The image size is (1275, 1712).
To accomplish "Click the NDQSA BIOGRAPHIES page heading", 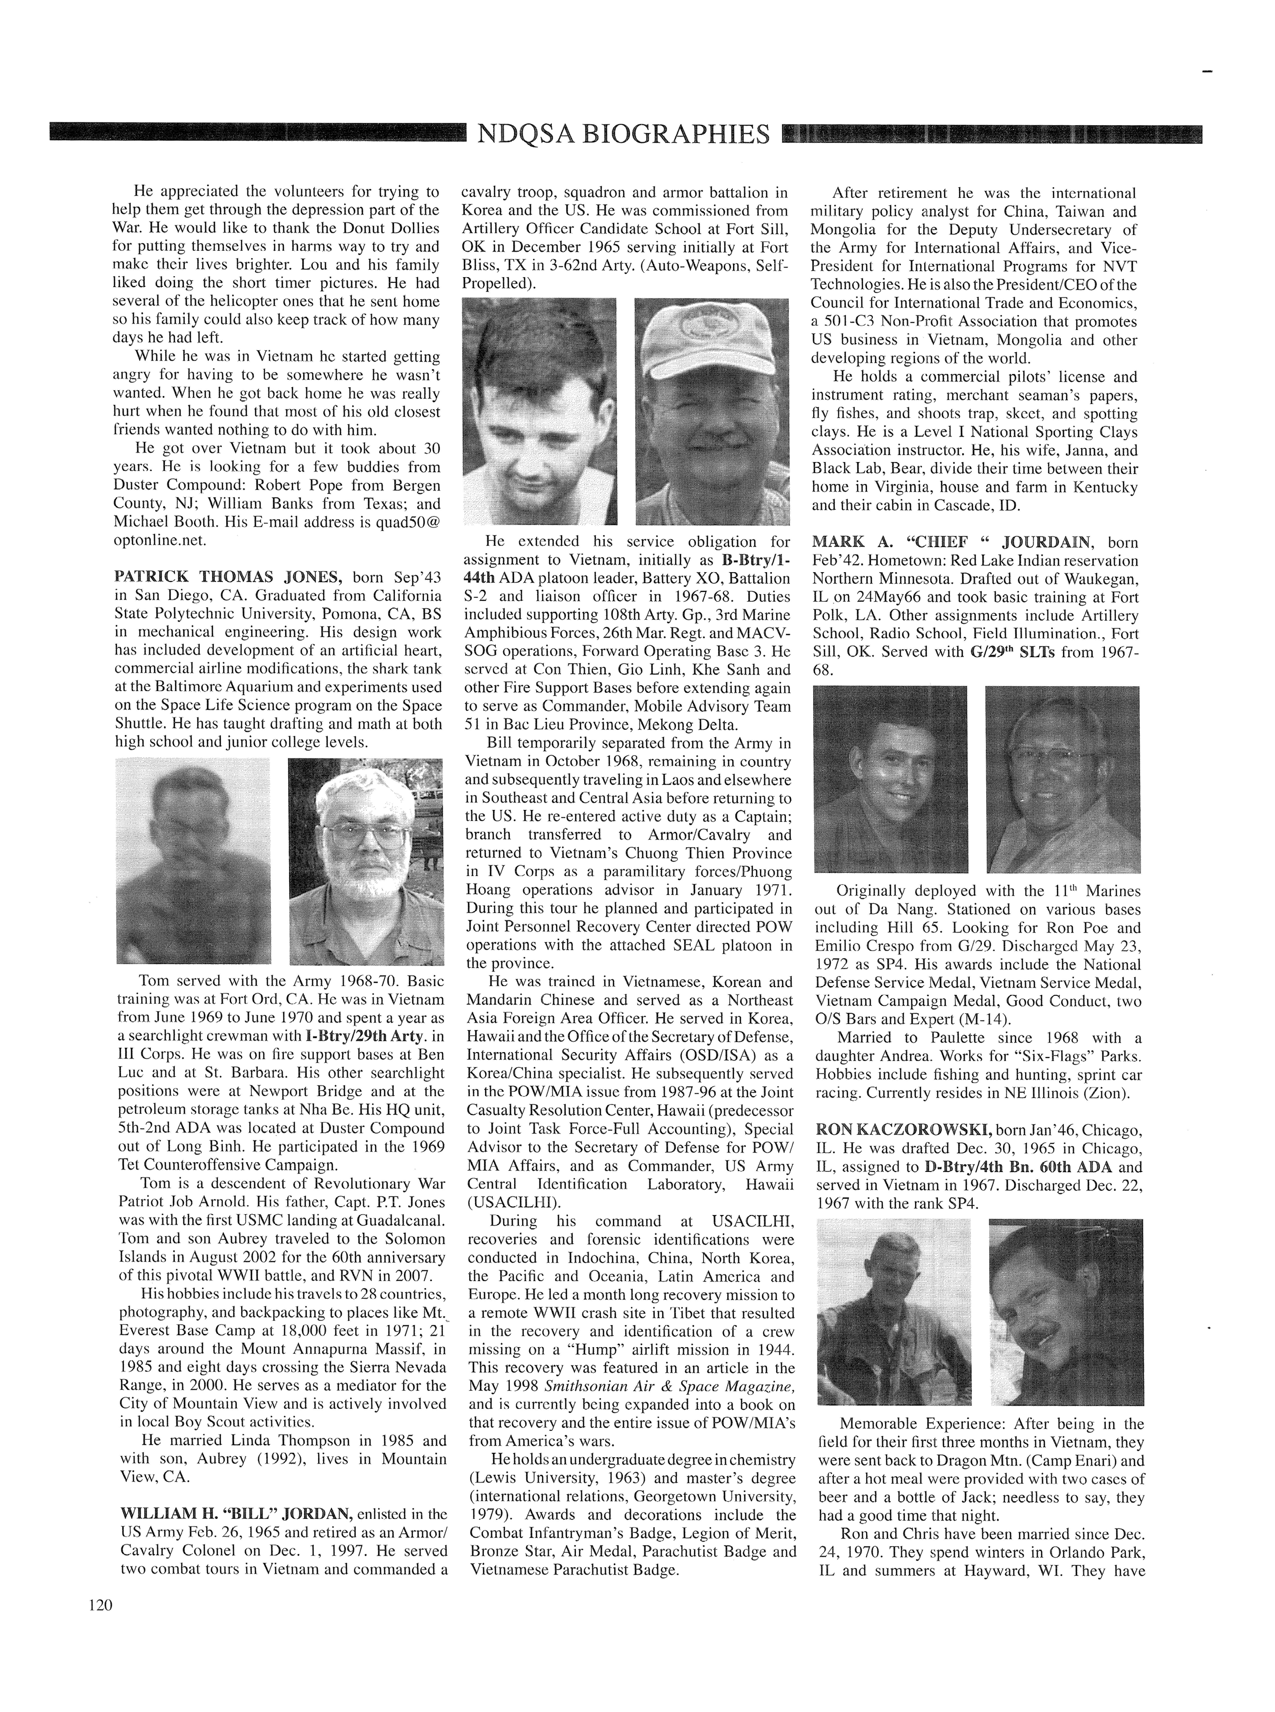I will (x=623, y=134).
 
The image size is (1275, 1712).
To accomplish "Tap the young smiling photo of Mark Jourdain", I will (x=890, y=779).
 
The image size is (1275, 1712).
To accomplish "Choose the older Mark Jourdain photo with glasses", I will (x=1063, y=779).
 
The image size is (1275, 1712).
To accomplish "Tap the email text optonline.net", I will (x=161, y=540).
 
